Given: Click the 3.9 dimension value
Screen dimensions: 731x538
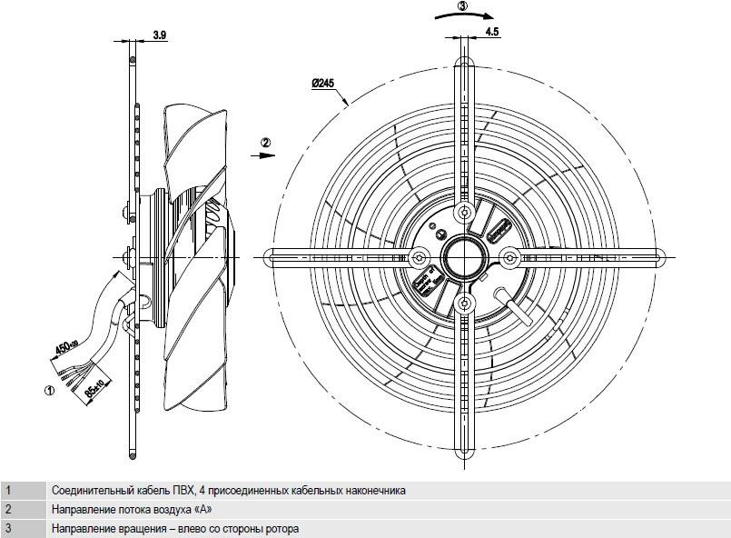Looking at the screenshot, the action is [160, 35].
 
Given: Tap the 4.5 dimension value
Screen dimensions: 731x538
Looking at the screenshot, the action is [492, 32].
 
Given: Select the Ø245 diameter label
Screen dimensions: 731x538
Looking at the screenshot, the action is [322, 84].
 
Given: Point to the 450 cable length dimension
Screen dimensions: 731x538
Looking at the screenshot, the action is [66, 346].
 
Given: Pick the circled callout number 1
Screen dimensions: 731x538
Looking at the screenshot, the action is [49, 390].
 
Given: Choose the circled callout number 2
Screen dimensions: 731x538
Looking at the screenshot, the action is [265, 143].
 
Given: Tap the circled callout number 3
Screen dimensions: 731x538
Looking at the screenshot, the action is [461, 6].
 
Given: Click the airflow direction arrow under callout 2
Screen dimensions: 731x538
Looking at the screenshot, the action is [263, 155].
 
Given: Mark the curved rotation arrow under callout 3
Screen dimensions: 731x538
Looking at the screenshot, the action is [464, 15].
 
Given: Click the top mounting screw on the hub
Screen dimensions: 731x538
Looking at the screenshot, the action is [464, 213].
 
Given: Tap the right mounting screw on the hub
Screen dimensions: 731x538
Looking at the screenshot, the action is [509, 257].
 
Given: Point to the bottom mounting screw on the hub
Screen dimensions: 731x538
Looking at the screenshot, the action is [464, 304].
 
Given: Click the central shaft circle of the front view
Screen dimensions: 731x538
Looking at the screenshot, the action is [464, 257].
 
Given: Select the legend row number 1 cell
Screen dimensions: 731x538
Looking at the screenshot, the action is [23, 491].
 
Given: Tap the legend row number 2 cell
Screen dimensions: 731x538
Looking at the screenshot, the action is [23, 510].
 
